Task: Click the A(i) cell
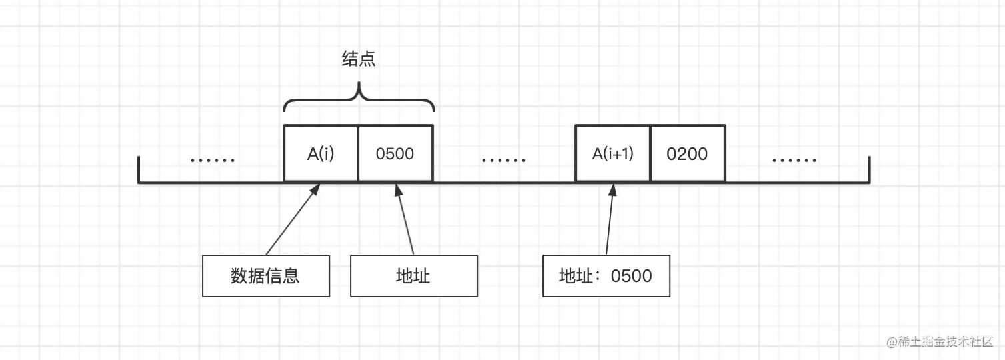[321, 153]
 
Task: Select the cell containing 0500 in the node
[395, 153]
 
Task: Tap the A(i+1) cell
[613, 153]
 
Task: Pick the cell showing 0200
[688, 153]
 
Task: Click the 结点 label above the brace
[359, 59]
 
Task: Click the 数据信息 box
[266, 275]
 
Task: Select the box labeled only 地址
[413, 275]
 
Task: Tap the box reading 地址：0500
[606, 275]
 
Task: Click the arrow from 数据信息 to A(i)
[292, 220]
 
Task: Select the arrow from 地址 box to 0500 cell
[405, 220]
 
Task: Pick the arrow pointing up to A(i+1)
[610, 220]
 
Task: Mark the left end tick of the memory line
[139, 169]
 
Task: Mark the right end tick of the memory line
[870, 169]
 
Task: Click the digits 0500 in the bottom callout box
[631, 275]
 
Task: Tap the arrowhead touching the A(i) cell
[317, 189]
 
